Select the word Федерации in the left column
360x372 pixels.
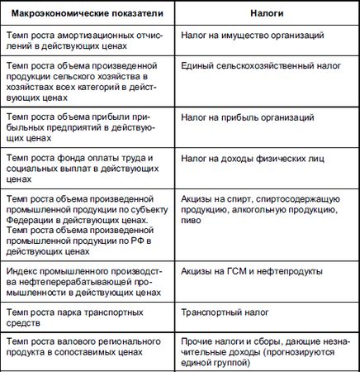tap(31, 220)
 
